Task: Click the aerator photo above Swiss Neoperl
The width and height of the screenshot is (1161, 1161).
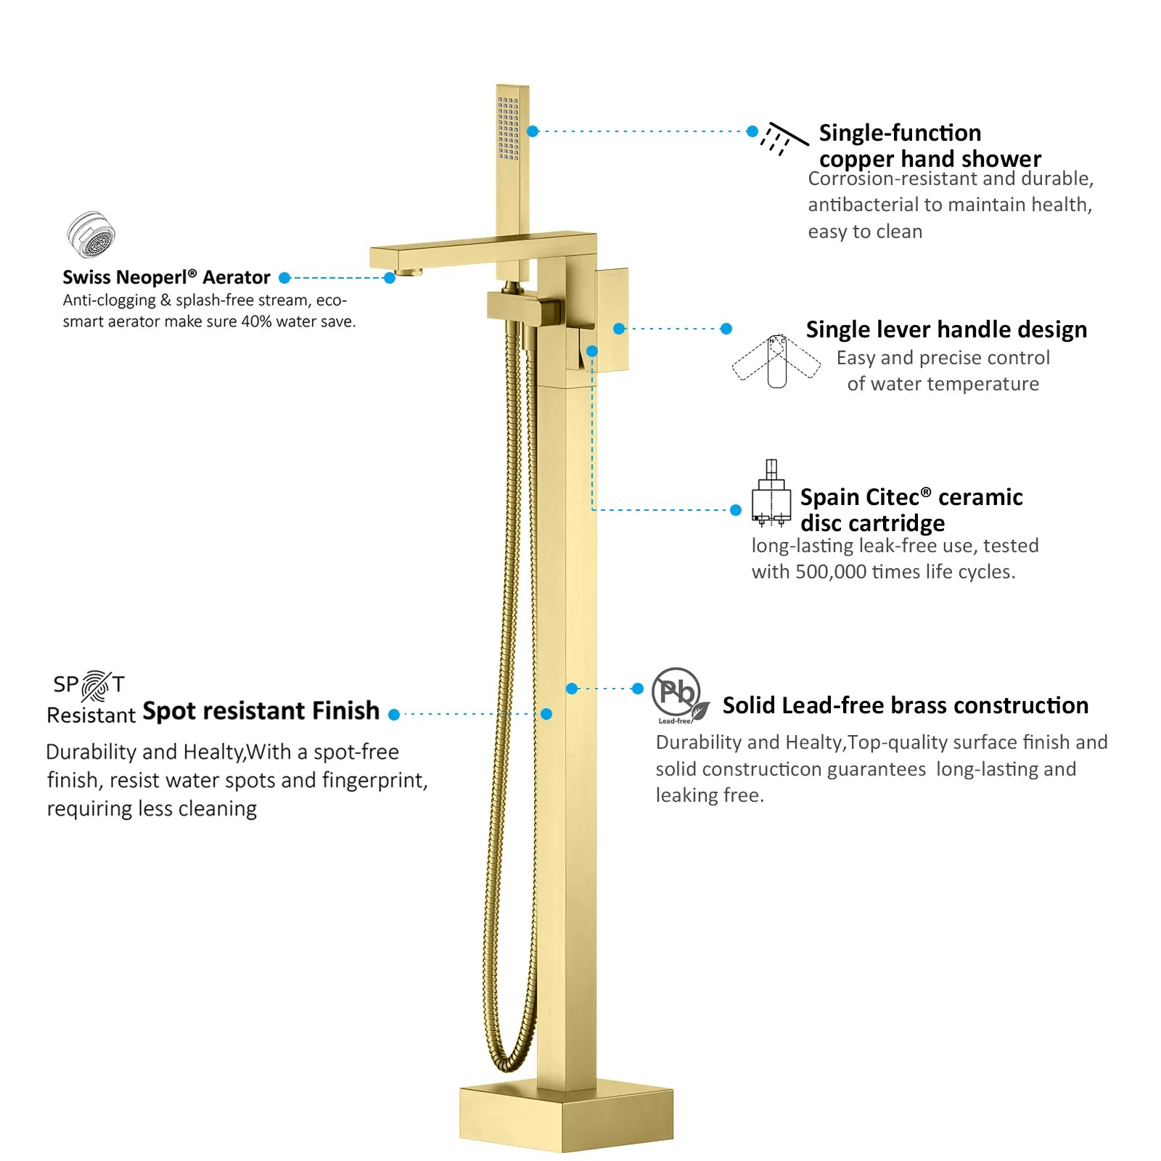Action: tap(91, 234)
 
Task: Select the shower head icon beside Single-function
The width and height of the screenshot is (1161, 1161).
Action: tap(784, 139)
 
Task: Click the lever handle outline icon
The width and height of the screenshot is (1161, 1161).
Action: tap(776, 361)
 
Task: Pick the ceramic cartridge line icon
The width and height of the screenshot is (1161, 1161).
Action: tap(771, 493)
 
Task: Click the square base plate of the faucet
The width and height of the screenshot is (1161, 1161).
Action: tap(566, 1118)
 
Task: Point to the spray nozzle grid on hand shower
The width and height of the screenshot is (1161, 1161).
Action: tap(508, 128)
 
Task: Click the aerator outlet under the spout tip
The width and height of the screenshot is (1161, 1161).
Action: tap(409, 273)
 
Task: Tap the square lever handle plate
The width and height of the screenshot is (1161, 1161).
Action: tap(612, 320)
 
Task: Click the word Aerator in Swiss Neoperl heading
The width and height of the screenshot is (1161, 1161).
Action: tap(236, 277)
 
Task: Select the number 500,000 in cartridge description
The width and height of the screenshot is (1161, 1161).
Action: tap(831, 572)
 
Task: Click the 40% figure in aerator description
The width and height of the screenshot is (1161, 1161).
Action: tap(256, 321)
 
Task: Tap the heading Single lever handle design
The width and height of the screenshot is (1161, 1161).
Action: tap(946, 330)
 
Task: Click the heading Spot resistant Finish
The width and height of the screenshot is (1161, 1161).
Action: tap(260, 710)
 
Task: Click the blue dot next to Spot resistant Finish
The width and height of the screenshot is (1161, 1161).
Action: tap(394, 715)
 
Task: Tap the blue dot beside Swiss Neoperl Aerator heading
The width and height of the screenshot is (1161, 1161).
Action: tap(284, 278)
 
